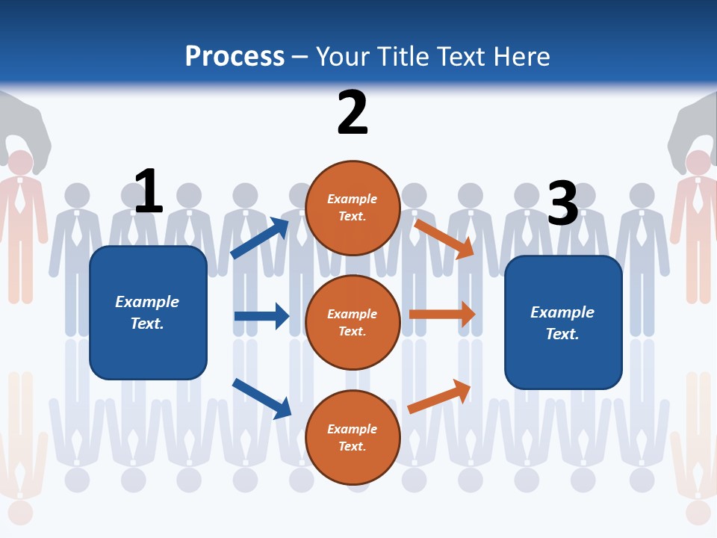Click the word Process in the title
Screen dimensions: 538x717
click(x=235, y=57)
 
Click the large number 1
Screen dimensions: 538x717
click(x=149, y=191)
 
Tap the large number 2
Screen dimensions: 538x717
click(x=353, y=113)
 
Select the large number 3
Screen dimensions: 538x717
click(x=562, y=203)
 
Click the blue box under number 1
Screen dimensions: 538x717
click(x=148, y=312)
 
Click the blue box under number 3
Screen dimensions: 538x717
click(x=563, y=322)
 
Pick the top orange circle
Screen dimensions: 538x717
click(x=353, y=208)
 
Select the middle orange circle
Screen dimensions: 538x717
click(x=353, y=322)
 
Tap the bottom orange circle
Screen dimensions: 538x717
click(x=353, y=437)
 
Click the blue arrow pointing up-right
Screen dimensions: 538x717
click(x=260, y=238)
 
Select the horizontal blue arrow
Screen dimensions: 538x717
click(x=261, y=316)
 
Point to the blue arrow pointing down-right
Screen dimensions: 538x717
click(x=261, y=398)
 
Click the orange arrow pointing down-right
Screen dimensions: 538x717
click(x=445, y=238)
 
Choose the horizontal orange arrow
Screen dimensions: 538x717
click(x=442, y=315)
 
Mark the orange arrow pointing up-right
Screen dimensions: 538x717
click(x=440, y=397)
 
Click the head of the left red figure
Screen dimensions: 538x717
click(x=20, y=162)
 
